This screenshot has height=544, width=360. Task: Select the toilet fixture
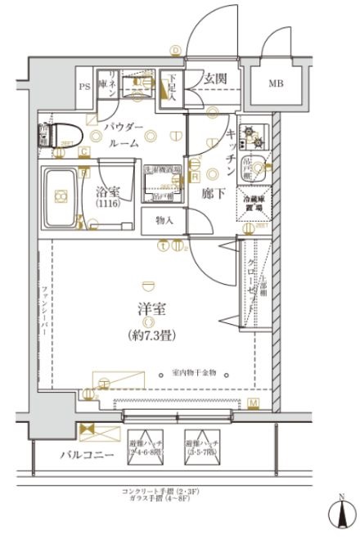59,133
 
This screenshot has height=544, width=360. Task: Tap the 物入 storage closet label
163,220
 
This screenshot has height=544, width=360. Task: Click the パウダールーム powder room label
124,134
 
